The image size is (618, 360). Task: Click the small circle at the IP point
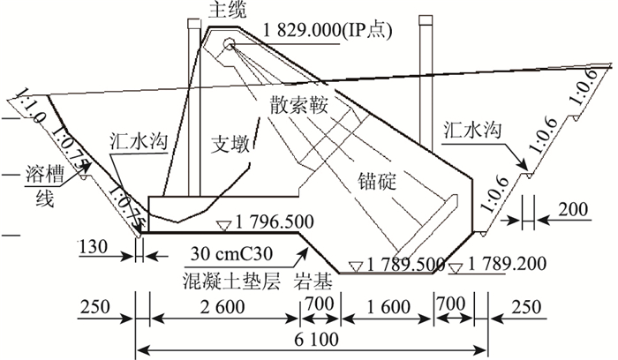click(x=229, y=43)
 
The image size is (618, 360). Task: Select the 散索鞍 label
click(x=299, y=103)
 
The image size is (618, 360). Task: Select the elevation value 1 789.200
click(x=509, y=264)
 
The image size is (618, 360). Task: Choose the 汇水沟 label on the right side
click(x=474, y=130)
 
